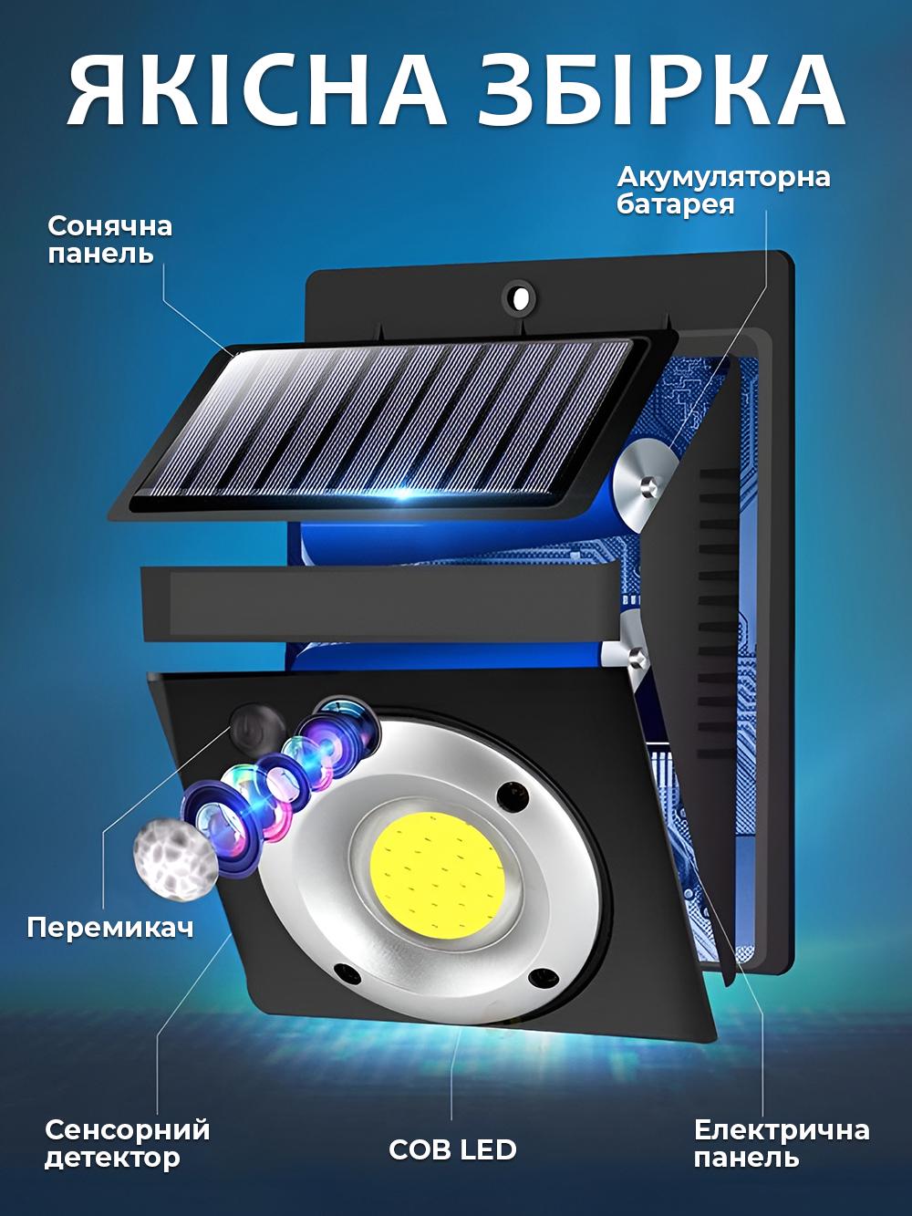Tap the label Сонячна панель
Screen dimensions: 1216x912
tap(110, 239)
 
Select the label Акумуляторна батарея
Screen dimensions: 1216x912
tap(723, 189)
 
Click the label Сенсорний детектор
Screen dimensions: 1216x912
tap(127, 1144)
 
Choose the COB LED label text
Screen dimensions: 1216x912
tap(452, 1148)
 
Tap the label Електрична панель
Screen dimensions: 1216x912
tap(781, 1144)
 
